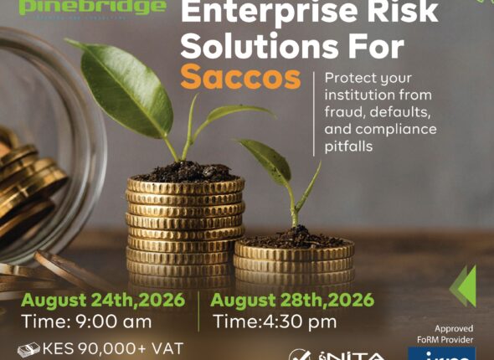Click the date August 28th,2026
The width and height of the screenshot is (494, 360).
pyautogui.click(x=292, y=300)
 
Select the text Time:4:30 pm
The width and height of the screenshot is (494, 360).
pyautogui.click(x=275, y=321)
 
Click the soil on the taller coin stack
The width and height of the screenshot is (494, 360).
pyautogui.click(x=186, y=173)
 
